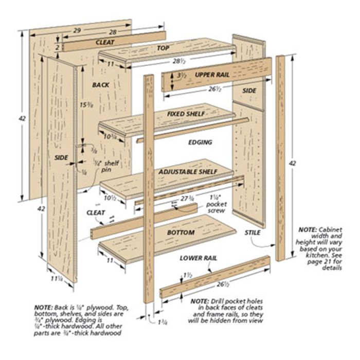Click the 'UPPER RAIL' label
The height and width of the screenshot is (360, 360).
coord(212,75)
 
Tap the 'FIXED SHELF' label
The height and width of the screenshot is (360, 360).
coord(186,113)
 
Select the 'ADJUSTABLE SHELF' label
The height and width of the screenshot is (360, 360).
coord(188,171)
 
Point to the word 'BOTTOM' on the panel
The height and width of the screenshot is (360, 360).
coord(181,232)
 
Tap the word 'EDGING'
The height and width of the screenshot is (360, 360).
coord(200,142)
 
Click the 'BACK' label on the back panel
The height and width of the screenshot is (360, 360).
coord(101,84)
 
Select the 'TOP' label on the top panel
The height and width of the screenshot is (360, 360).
coord(163,48)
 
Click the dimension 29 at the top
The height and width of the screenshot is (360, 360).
coord(77,31)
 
